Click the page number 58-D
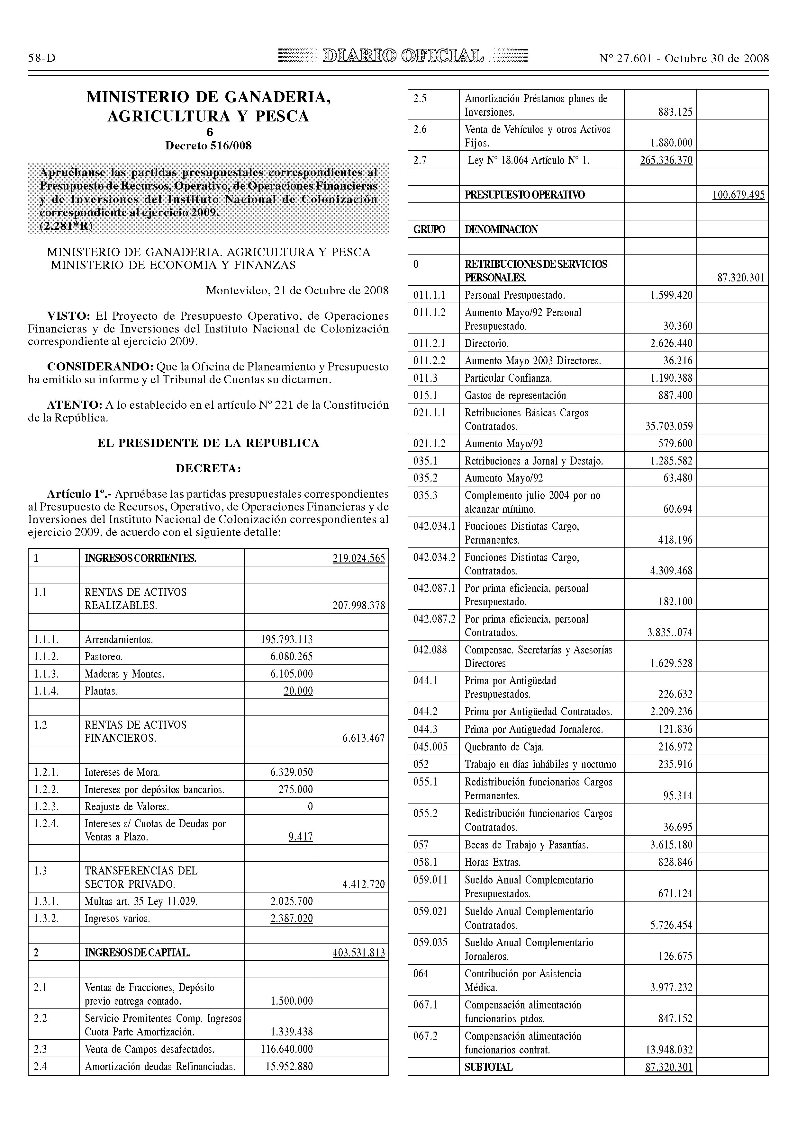point(42,58)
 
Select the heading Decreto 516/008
point(208,146)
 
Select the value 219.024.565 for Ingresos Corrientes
point(358,558)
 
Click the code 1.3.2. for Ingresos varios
point(46,918)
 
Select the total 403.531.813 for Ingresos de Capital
point(358,953)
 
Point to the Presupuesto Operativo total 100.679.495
point(738,195)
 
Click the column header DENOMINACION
point(501,229)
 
